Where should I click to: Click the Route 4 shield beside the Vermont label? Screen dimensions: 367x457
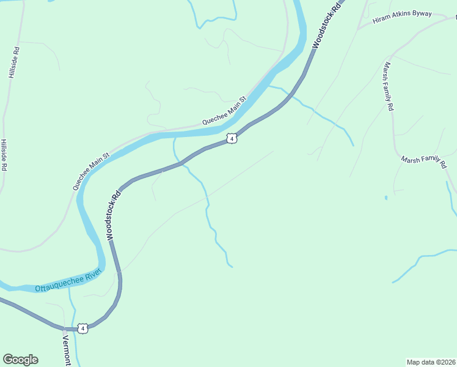click(83, 328)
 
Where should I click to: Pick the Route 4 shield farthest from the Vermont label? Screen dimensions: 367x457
click(231, 139)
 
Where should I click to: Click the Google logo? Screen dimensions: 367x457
click(20, 360)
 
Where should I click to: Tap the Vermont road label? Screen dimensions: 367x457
click(67, 350)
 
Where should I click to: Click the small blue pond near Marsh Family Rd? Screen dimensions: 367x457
click(386, 198)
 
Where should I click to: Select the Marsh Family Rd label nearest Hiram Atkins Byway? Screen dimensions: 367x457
click(389, 86)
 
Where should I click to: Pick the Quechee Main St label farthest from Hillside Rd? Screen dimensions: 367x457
click(224, 110)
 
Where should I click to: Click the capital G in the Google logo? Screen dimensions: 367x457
click(8, 359)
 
